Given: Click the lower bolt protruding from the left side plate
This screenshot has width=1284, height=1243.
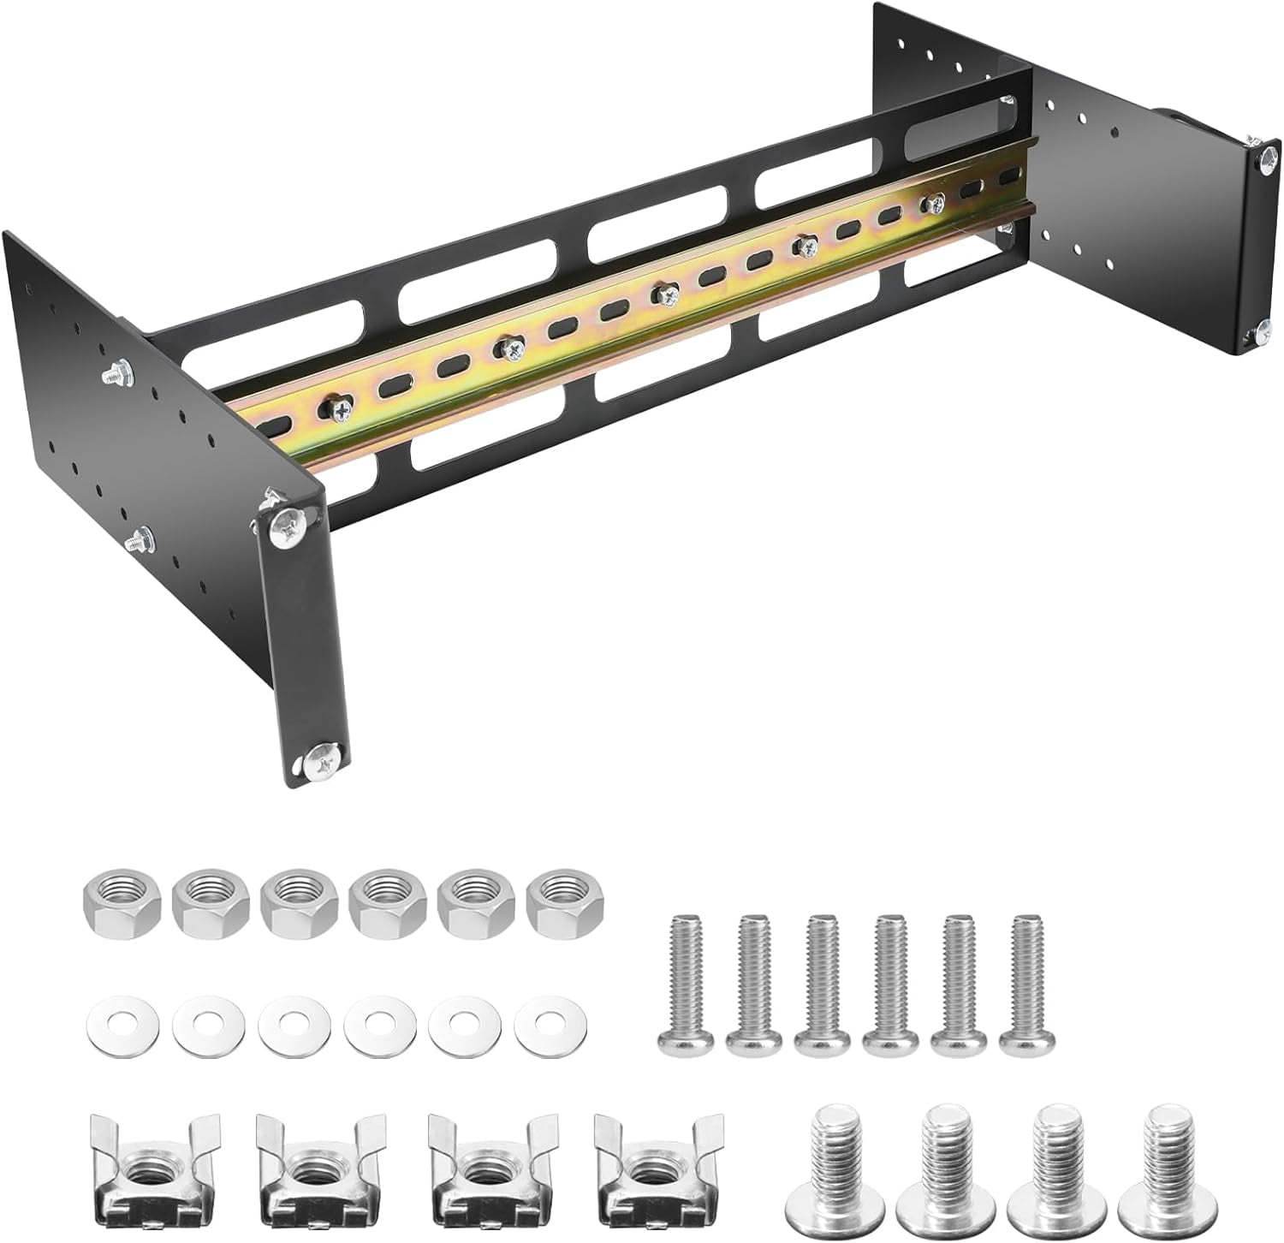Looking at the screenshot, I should tap(137, 541).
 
